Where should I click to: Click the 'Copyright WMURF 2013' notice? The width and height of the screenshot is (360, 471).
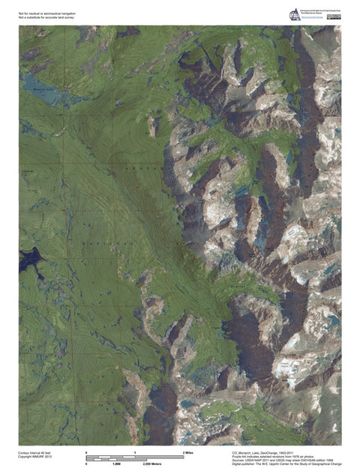pos(35,457)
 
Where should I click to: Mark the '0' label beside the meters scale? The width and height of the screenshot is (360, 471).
pos(87,465)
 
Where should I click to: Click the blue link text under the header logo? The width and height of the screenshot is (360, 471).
pos(310,19)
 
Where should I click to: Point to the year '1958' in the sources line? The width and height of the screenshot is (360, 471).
pos(329,461)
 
